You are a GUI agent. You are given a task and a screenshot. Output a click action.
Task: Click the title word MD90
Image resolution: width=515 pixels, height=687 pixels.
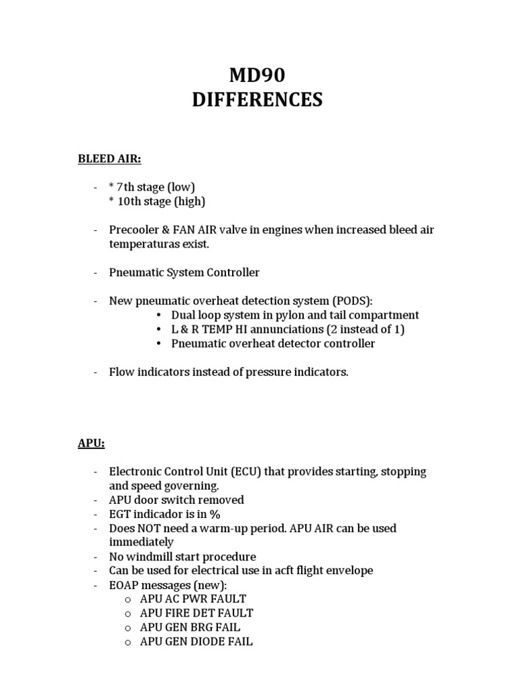(257, 75)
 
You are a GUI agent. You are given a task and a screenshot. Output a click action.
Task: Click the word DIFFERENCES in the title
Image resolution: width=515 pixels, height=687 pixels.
(257, 100)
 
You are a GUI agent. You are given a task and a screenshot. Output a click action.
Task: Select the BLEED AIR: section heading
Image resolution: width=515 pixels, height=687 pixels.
(109, 158)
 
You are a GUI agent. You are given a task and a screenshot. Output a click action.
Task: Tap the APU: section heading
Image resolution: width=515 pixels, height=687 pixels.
(91, 443)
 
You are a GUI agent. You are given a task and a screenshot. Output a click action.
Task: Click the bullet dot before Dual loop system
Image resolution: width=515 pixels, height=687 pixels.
(158, 315)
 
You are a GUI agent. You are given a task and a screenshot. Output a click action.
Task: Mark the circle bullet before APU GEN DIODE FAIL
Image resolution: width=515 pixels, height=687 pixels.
(127, 642)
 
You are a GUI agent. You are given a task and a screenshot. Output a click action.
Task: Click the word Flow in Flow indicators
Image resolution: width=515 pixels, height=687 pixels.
(121, 372)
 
